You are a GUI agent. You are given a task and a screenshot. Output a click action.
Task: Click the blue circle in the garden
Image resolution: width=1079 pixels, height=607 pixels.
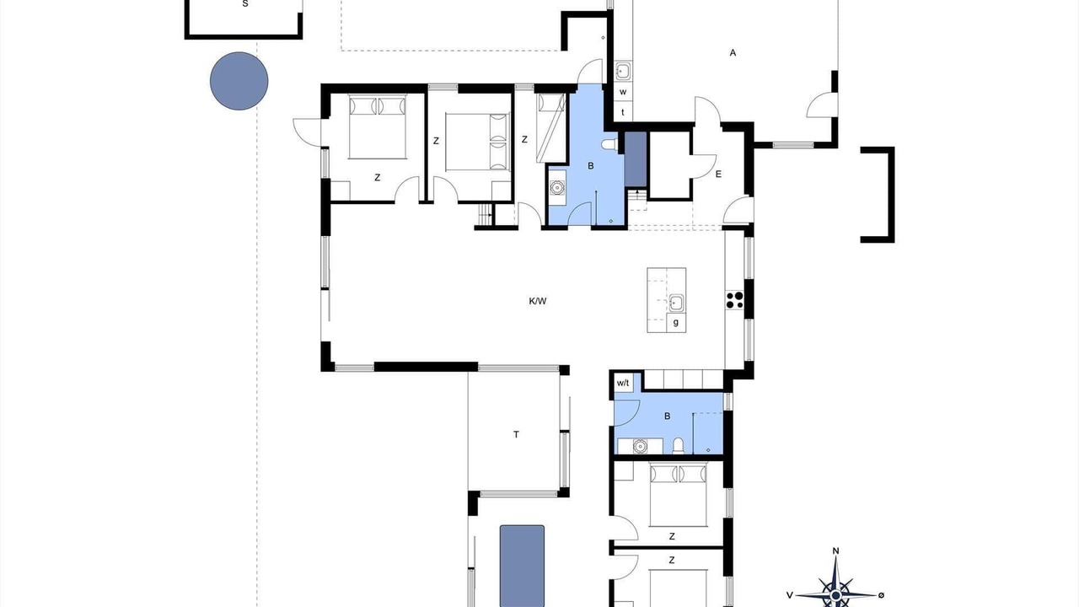coord(239,81)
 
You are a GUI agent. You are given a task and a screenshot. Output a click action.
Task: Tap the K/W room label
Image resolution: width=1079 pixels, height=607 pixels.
coord(538,302)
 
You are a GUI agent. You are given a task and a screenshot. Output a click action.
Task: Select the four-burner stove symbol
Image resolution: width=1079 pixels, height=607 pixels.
coord(735,299)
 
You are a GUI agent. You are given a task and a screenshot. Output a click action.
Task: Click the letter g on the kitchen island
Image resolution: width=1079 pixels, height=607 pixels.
coord(676,322)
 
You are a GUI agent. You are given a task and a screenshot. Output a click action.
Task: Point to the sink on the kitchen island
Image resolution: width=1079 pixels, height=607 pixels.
coord(676,303)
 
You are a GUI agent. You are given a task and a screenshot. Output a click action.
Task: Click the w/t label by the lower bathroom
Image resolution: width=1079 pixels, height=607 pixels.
coord(623,384)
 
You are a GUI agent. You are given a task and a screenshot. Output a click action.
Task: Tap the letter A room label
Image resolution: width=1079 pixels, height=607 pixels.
coord(733,53)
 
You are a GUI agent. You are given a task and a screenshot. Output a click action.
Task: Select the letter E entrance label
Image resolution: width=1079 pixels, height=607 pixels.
coord(718,175)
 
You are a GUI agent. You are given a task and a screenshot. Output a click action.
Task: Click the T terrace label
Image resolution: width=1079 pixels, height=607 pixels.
coord(516,434)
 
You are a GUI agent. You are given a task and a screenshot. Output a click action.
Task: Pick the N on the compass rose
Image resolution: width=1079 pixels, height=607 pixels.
coord(835,551)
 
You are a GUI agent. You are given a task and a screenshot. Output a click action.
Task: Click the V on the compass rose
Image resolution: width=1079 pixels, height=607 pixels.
coord(790,595)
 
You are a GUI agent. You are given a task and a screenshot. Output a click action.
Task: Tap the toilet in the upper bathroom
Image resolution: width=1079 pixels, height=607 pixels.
coord(609,144)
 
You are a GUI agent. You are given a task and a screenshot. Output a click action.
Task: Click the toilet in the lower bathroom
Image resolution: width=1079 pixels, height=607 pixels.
coord(679,446)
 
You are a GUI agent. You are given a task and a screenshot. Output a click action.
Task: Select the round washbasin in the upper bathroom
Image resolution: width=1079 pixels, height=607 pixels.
coord(557,187)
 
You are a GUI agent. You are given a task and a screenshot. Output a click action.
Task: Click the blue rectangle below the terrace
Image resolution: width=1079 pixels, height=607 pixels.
coord(522,566)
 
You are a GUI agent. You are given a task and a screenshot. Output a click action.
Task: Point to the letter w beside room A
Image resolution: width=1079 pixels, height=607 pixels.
coord(623,92)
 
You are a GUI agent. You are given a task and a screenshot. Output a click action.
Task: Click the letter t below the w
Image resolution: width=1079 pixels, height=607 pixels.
coord(623,112)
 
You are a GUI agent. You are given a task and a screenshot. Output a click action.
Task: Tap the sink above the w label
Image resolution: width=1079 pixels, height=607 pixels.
coord(622,72)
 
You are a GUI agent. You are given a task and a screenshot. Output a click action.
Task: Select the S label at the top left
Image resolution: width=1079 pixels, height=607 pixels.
coord(245,4)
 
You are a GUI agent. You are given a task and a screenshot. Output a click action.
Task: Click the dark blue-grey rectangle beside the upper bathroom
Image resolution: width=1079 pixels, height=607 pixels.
coord(636,158)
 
